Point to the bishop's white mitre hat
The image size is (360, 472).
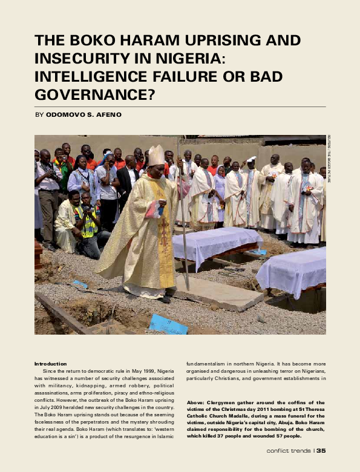[156, 156]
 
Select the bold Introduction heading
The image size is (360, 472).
[50, 363]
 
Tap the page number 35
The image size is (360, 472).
[321, 450]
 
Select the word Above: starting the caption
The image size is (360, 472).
[196, 402]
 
